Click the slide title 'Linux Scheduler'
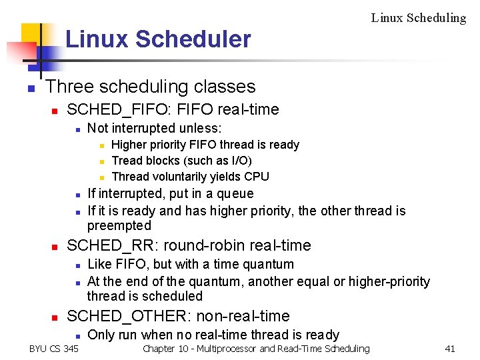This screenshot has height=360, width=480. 158,39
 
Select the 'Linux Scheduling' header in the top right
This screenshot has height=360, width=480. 418,18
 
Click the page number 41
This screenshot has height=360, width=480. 449,349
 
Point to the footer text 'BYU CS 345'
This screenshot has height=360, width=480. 54,349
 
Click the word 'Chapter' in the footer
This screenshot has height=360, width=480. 158,349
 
